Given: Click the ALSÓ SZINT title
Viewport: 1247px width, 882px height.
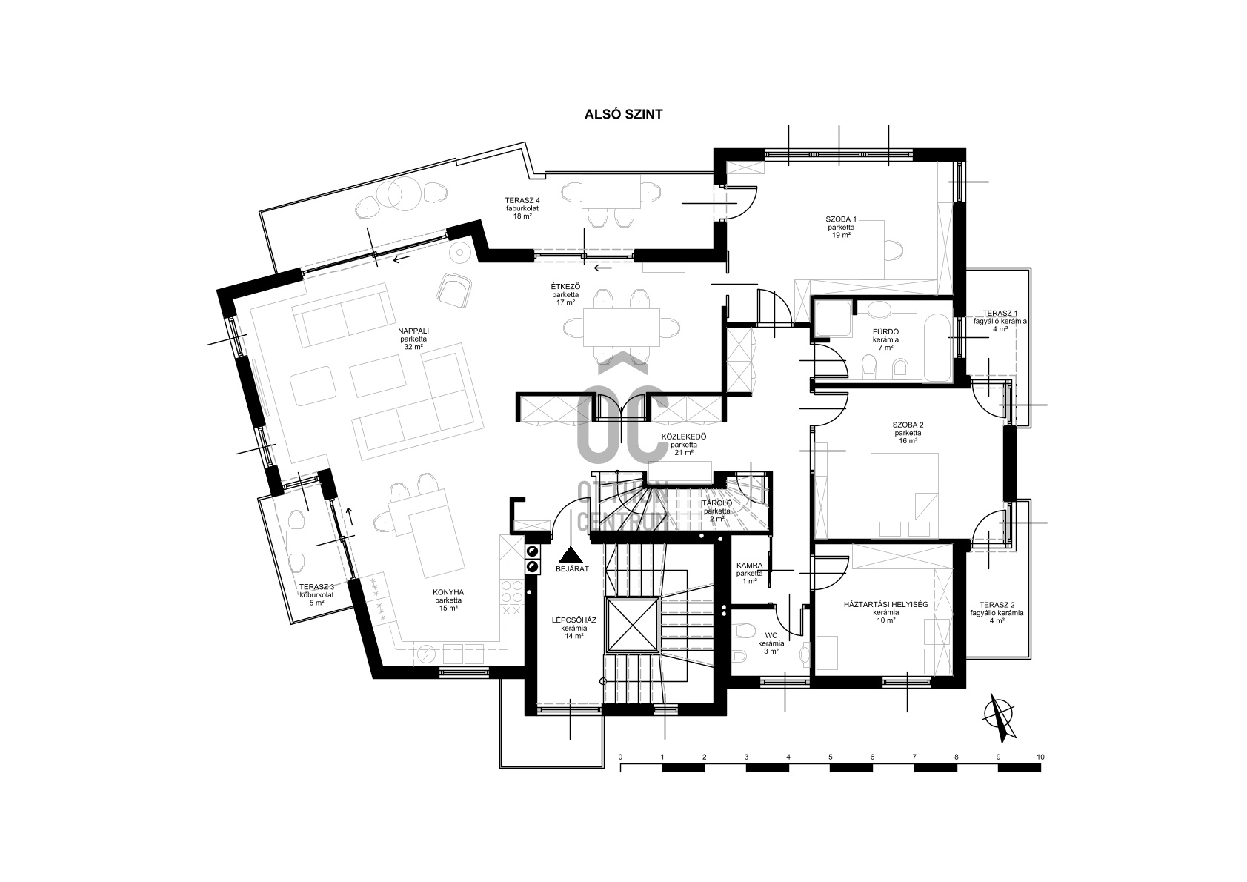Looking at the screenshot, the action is tap(623, 114).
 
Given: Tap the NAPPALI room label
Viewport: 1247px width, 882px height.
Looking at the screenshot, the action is tap(413, 331).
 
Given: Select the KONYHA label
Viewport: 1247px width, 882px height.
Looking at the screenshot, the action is tap(448, 592).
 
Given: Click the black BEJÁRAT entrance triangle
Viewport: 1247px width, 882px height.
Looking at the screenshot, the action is tap(571, 554).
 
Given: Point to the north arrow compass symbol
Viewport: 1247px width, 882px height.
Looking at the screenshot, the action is tap(1000, 718).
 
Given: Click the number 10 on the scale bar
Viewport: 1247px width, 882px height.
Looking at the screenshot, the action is tap(1040, 757).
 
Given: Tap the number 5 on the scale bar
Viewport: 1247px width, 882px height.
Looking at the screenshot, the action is tap(830, 757).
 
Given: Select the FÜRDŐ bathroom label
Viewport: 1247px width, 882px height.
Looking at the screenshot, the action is tap(885, 332).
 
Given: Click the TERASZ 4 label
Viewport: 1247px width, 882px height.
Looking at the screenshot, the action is tap(522, 200).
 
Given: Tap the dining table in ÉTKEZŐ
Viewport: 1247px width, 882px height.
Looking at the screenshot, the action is tap(621, 328).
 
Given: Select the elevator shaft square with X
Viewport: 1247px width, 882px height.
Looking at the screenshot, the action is tap(633, 625).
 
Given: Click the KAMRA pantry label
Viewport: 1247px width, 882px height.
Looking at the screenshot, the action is tap(749, 566).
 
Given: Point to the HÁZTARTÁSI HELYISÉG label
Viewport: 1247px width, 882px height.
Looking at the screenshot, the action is tap(885, 605).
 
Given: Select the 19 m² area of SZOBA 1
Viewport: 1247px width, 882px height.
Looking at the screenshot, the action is tap(841, 236).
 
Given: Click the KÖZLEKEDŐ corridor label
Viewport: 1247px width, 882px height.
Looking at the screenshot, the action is tap(684, 437).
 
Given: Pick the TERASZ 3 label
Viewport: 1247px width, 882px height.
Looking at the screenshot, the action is tap(317, 587).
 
